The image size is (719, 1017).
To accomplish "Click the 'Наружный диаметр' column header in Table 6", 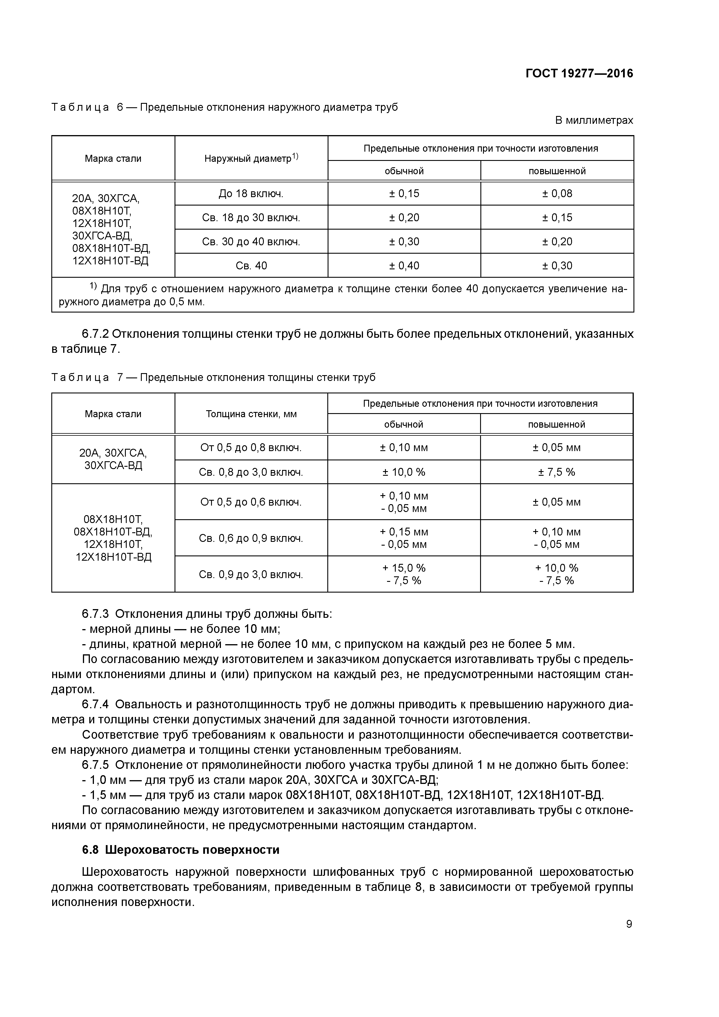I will [x=251, y=158].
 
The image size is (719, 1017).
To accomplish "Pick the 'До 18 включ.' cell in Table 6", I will [x=251, y=194].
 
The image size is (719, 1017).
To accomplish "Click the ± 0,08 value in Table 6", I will [x=557, y=194].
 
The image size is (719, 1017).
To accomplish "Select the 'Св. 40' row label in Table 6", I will [x=251, y=266].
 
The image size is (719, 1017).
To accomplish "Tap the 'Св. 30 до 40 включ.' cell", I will [x=251, y=242].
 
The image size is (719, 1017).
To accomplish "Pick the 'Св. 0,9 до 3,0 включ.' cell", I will [x=251, y=575].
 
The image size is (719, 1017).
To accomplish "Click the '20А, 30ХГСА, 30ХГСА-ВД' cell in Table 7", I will [x=113, y=459].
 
